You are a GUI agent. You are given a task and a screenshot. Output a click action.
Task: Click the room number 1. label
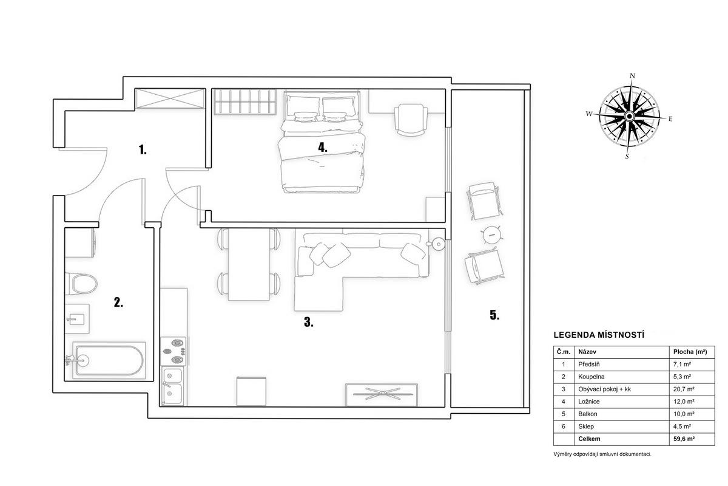[x=143, y=149]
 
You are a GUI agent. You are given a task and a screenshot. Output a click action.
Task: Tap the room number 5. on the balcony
[x=494, y=315]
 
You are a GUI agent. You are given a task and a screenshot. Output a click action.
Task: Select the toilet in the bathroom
[x=81, y=284]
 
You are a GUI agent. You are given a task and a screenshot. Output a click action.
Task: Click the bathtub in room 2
[x=109, y=360]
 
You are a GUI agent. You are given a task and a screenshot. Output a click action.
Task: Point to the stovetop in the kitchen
[x=174, y=351]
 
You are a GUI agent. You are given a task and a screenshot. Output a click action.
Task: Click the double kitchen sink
[x=172, y=386]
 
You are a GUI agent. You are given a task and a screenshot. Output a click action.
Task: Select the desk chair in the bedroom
[x=411, y=120]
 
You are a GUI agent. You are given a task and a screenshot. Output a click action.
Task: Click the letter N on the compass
[x=632, y=76]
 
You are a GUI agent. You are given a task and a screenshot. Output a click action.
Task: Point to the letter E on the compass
[x=670, y=119]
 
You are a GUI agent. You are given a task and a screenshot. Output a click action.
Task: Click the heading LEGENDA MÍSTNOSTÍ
[x=599, y=335]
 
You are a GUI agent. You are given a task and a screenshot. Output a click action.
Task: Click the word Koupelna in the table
[x=591, y=377]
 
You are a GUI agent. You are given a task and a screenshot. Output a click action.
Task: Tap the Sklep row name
[x=586, y=426]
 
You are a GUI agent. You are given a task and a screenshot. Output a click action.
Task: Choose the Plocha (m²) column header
[x=690, y=352]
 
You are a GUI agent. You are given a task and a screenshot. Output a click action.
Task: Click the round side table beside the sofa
[x=437, y=244]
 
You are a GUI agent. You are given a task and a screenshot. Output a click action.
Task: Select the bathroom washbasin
[x=76, y=319]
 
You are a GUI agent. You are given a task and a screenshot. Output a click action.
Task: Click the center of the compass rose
[x=630, y=116]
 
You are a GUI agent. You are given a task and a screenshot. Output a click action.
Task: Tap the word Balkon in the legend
[x=588, y=414]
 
